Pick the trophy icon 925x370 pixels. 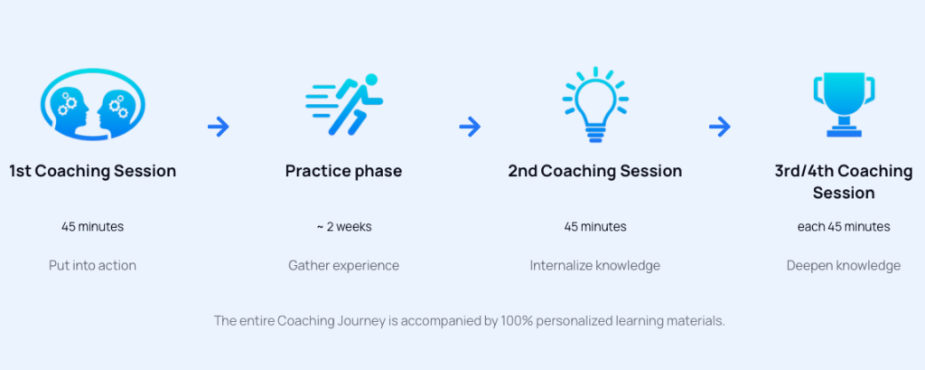(x=844, y=104)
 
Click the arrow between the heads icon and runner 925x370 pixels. (x=219, y=127)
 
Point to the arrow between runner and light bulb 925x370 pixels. (x=470, y=127)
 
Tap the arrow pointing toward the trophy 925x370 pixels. (x=719, y=127)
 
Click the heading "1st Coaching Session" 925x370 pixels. (x=93, y=171)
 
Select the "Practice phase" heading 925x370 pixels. (x=343, y=171)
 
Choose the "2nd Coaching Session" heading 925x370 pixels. (x=595, y=171)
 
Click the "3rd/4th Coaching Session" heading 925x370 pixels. (x=844, y=182)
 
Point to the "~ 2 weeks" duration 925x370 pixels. (x=343, y=226)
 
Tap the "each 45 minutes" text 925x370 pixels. (x=844, y=226)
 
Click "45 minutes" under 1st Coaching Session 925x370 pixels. (x=93, y=226)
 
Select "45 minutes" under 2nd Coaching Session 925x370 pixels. (x=595, y=226)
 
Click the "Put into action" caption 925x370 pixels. (x=93, y=266)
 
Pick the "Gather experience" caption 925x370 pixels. (x=343, y=266)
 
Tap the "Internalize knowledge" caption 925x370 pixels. (x=595, y=266)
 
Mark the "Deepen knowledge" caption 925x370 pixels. (x=844, y=266)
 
